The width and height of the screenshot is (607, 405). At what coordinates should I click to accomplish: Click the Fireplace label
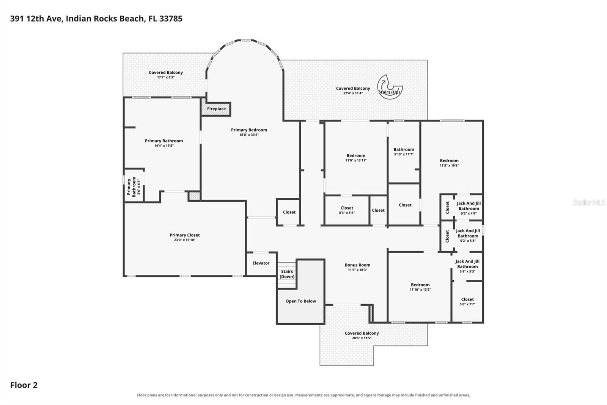point(216,109)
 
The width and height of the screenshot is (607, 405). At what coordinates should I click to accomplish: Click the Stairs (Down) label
point(287,274)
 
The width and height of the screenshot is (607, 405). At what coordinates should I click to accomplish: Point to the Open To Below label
point(301,301)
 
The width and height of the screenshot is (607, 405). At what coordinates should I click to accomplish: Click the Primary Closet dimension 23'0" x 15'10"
point(184,240)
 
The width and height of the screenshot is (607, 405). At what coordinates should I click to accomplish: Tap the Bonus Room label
point(357,265)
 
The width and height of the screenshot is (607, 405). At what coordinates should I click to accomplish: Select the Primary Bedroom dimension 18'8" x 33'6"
point(249,134)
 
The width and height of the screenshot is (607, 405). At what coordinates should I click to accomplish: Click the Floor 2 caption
point(24,385)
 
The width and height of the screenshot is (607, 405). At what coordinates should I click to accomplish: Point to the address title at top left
point(96,19)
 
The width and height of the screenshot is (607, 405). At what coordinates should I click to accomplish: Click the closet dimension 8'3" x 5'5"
point(347,213)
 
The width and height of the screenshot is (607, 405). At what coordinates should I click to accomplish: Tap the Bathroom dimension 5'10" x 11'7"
point(404,154)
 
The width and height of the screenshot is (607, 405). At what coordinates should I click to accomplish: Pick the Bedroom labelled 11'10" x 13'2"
point(420,287)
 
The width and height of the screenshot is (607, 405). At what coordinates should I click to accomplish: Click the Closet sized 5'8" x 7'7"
point(467,302)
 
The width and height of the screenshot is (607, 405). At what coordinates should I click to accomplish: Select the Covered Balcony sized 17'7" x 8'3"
point(164,74)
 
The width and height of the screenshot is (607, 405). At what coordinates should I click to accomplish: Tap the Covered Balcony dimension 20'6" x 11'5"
point(362,338)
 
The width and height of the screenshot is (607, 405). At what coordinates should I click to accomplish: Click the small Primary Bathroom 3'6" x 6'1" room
point(133,186)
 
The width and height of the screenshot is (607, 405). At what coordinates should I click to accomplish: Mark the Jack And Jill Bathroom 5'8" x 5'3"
point(467,266)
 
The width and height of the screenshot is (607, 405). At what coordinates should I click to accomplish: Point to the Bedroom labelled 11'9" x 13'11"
point(356,158)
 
